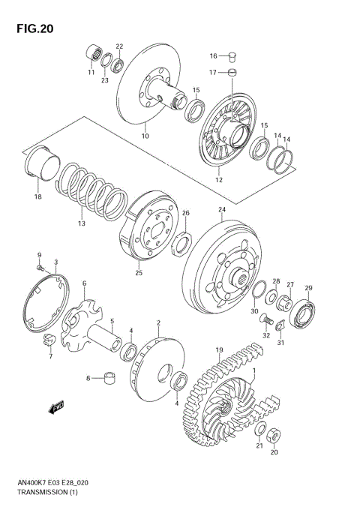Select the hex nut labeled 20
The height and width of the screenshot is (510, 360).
(x=274, y=435)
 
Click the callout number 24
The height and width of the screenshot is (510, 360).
(x=221, y=209)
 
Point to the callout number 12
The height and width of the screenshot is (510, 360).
(x=219, y=180)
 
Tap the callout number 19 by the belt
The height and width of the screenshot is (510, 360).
(x=219, y=349)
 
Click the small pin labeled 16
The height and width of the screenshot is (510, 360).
(x=232, y=55)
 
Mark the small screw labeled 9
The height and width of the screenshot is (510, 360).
(x=40, y=265)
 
